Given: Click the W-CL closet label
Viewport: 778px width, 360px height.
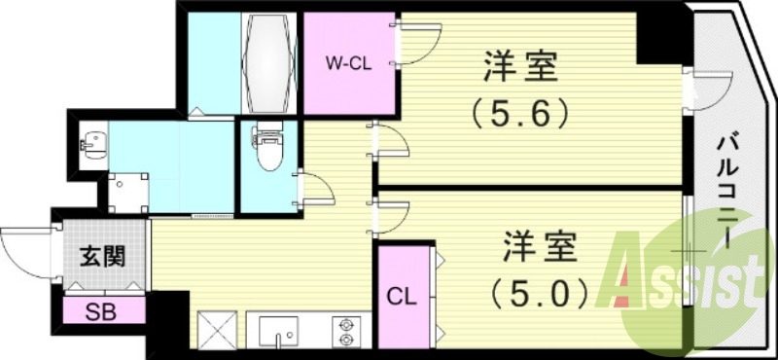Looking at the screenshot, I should [x=347, y=64].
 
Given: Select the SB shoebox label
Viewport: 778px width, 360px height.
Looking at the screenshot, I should [x=98, y=312].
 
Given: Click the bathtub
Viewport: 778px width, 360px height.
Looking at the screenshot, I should [x=268, y=63].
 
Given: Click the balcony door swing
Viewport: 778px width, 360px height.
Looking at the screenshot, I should [x=708, y=90].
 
